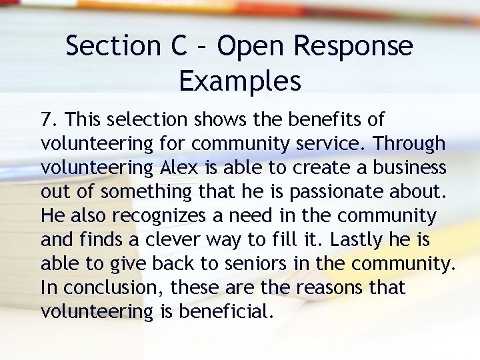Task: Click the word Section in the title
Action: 111,47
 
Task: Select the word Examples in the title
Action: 240,81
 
